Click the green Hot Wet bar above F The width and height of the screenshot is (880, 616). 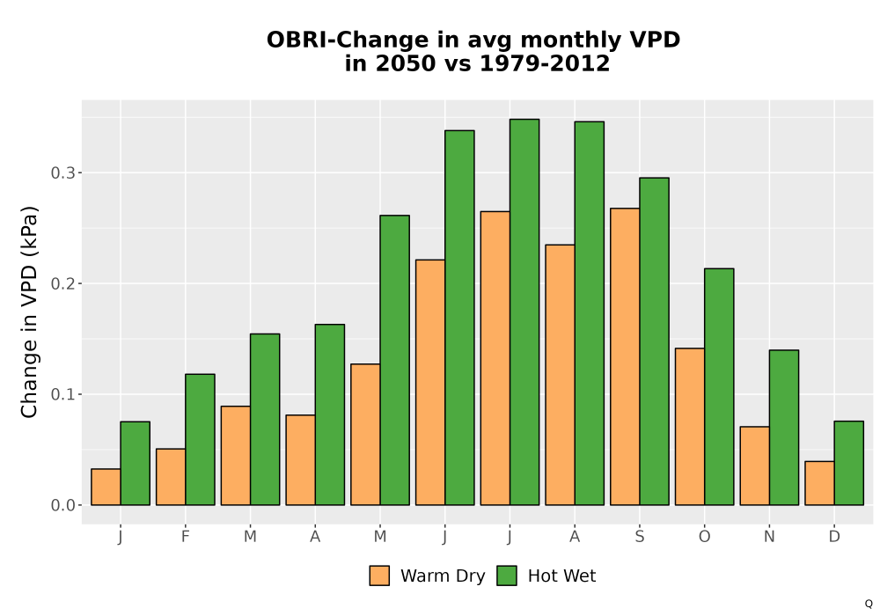pyautogui.click(x=200, y=439)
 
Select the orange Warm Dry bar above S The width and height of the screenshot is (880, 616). pyautogui.click(x=625, y=356)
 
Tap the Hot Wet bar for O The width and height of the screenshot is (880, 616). pyautogui.click(x=719, y=386)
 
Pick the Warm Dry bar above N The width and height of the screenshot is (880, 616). pyautogui.click(x=755, y=466)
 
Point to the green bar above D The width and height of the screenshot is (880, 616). pyautogui.click(x=848, y=463)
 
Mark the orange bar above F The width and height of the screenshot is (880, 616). pyautogui.click(x=171, y=477)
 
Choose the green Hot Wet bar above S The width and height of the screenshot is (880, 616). pyautogui.click(x=654, y=341)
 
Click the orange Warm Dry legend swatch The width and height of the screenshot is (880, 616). pyautogui.click(x=379, y=576)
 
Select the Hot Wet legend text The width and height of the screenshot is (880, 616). pyautogui.click(x=561, y=576)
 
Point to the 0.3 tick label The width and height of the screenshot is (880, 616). pyautogui.click(x=62, y=172)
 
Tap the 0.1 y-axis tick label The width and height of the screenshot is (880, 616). pyautogui.click(x=62, y=394)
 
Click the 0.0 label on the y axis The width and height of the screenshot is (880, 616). pyautogui.click(x=62, y=505)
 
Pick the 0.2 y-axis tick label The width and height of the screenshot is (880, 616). pyautogui.click(x=62, y=284)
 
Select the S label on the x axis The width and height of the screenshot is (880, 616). pyautogui.click(x=639, y=537)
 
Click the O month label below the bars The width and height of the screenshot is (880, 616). pyautogui.click(x=704, y=537)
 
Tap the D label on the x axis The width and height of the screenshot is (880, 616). pyautogui.click(x=834, y=537)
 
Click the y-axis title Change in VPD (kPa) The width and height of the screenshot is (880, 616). pyautogui.click(x=29, y=312)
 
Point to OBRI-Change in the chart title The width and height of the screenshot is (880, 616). pyautogui.click(x=348, y=40)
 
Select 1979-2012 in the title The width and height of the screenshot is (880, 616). pyautogui.click(x=545, y=63)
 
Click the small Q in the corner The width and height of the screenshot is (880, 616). pyautogui.click(x=869, y=604)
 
